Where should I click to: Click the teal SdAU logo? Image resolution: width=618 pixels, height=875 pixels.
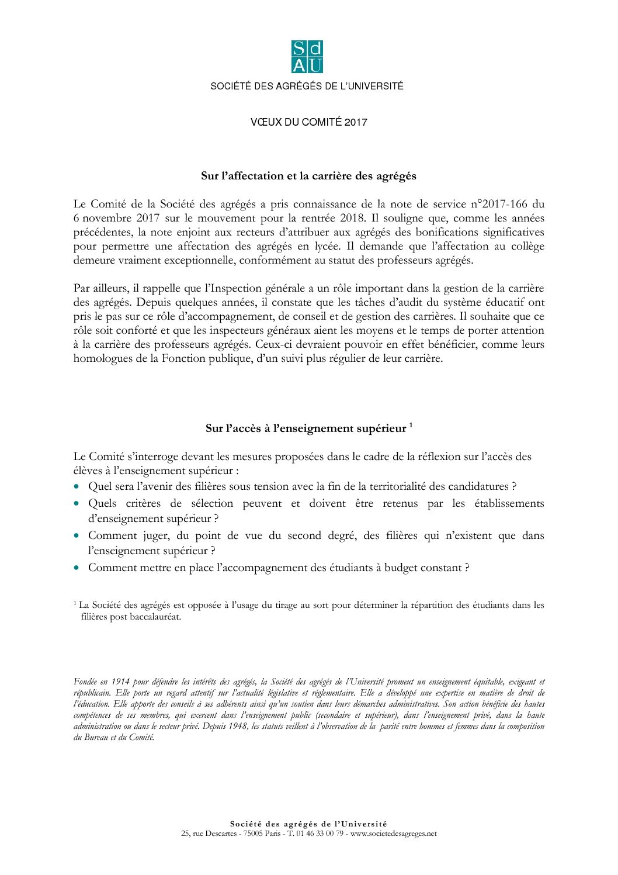[307, 57]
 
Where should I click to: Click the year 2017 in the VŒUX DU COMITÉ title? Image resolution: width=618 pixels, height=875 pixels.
[356, 122]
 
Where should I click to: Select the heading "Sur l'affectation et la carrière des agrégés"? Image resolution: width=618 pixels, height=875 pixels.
[308, 176]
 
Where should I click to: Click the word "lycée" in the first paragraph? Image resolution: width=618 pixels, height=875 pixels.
[327, 246]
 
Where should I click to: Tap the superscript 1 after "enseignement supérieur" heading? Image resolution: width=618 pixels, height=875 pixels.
[411, 425]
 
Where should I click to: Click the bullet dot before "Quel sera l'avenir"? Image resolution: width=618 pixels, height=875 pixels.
[77, 486]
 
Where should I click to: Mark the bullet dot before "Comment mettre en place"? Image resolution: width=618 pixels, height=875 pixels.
[77, 568]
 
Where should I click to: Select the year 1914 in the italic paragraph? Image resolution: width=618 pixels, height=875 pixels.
[120, 682]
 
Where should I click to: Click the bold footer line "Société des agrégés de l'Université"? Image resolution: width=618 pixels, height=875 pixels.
[308, 824]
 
